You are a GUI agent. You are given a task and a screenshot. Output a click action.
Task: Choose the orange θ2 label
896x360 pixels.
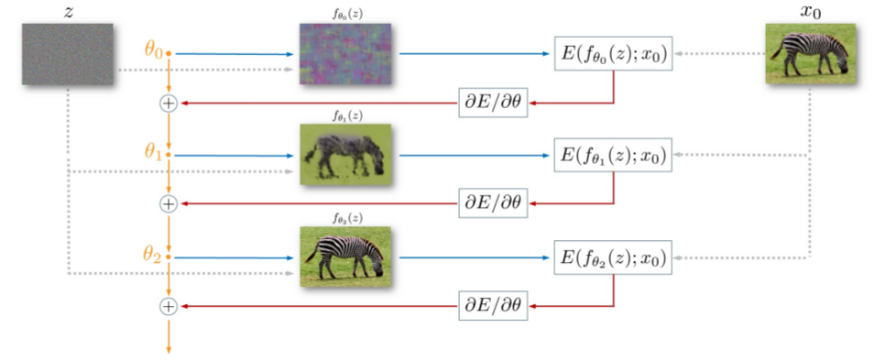(x=152, y=256)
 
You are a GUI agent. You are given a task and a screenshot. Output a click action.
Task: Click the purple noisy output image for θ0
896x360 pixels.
(x=344, y=54)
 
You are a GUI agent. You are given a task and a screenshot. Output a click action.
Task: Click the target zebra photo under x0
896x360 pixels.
(x=811, y=54)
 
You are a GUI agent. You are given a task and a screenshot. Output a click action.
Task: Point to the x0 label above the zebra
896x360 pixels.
(x=811, y=11)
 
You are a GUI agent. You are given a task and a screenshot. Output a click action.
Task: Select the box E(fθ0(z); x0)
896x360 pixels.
(x=613, y=55)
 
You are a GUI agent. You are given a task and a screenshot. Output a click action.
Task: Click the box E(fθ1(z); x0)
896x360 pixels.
(x=613, y=156)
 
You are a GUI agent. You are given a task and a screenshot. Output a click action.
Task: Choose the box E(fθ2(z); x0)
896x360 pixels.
(x=613, y=257)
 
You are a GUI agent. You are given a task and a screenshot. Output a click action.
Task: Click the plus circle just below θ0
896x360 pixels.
(x=168, y=104)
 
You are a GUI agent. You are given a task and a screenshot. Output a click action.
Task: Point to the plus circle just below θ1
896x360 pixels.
(x=168, y=204)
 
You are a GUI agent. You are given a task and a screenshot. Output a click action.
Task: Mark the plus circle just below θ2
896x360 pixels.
(x=168, y=307)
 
